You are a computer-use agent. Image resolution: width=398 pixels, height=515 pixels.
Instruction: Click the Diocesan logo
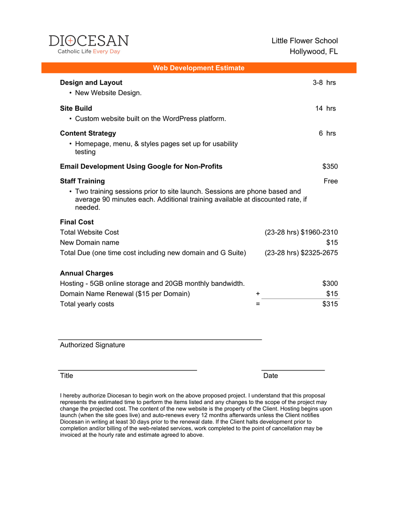coord(89,44)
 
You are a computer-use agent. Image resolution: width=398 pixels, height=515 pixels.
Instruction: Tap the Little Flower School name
coord(304,41)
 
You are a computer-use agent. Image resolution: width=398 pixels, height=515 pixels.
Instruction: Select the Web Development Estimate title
coord(199,68)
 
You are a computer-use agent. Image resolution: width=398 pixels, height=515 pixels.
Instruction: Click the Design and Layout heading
coord(91,82)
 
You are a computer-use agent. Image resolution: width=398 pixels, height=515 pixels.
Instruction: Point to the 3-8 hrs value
coord(324,82)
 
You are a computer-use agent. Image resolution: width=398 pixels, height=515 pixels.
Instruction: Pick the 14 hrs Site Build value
coord(325,108)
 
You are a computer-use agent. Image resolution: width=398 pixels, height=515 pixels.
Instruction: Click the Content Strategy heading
coord(88,133)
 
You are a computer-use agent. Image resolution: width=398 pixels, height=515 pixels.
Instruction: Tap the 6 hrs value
coord(327,133)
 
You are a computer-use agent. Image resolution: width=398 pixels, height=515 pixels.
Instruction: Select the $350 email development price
coord(330,166)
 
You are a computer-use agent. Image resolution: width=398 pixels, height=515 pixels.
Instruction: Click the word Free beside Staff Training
coord(331,181)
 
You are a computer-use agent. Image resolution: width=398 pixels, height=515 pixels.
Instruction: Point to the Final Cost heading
coord(77,222)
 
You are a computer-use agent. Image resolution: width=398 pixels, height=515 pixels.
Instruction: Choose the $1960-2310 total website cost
coord(319,232)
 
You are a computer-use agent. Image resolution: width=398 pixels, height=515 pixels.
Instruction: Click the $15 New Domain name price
coord(332,242)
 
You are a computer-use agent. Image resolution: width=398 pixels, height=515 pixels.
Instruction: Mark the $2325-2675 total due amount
coord(319,253)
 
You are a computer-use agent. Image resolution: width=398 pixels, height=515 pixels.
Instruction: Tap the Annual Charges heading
coord(87,273)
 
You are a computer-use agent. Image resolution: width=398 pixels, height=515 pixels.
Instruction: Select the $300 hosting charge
coord(330,283)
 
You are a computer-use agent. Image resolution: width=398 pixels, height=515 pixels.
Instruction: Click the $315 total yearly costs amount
coord(330,304)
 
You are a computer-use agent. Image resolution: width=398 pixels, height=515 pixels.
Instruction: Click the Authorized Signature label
coord(92,345)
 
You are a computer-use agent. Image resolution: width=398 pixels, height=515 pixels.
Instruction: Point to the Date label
coord(270,376)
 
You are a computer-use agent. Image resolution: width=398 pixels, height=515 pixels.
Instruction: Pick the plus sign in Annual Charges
coord(258,294)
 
